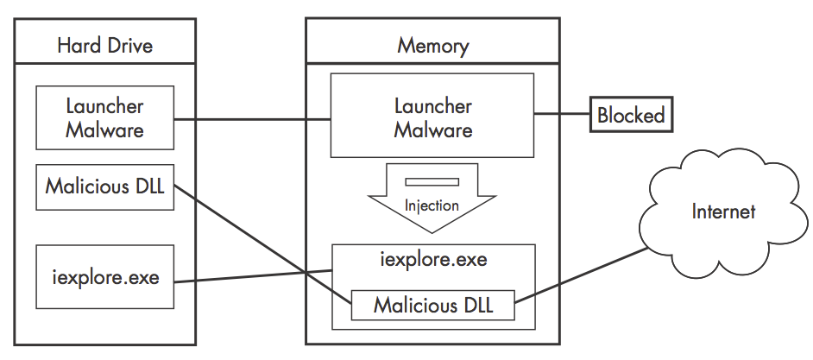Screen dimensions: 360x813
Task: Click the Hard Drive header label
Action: (x=104, y=45)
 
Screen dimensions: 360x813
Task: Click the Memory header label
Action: (x=433, y=45)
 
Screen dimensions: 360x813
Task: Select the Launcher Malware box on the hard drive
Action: (x=104, y=118)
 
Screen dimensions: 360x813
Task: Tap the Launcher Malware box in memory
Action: (x=433, y=118)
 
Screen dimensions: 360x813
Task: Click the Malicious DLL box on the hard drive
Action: (x=104, y=186)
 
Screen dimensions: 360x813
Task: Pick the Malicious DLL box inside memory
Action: (x=432, y=306)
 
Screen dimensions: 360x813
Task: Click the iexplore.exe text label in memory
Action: (x=432, y=259)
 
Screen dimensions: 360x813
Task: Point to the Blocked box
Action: (x=631, y=115)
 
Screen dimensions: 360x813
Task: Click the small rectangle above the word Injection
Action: (x=432, y=181)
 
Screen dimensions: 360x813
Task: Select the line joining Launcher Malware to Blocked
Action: (x=562, y=115)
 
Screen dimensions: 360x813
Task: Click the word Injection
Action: (x=432, y=206)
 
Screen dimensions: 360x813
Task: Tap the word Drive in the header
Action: (x=131, y=45)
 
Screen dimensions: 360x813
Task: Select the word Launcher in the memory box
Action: (x=433, y=107)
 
